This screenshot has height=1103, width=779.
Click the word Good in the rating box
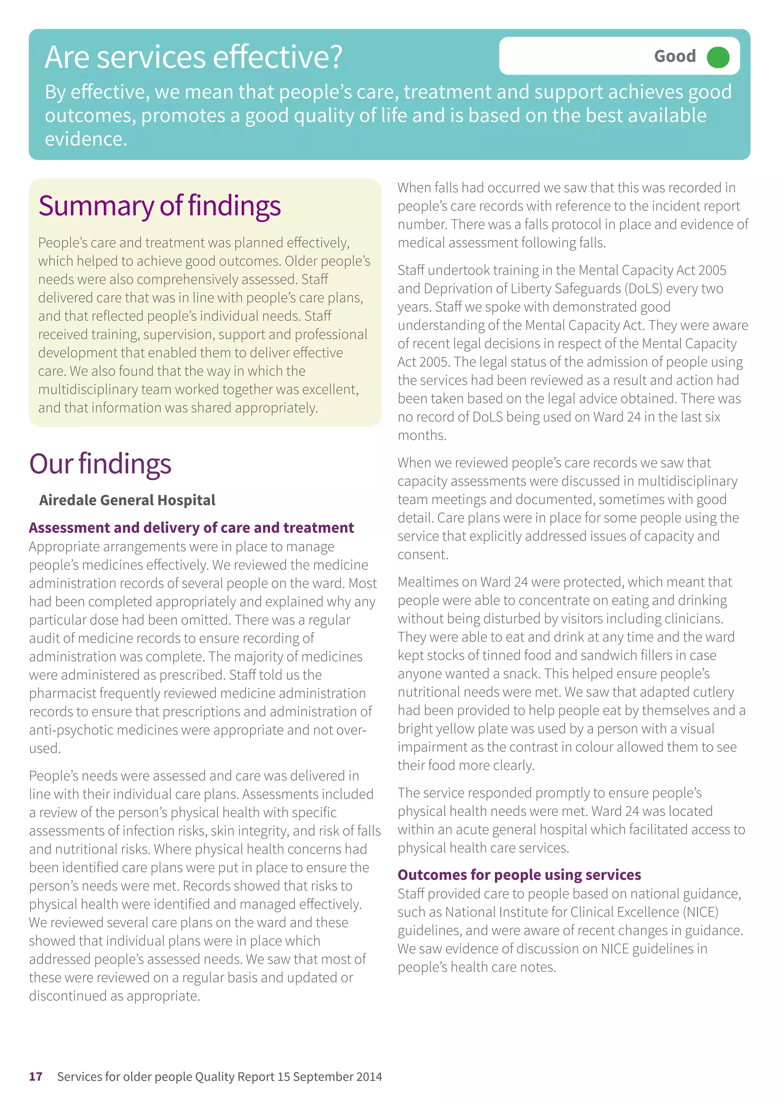[674, 57]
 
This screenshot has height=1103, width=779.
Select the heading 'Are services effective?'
[194, 57]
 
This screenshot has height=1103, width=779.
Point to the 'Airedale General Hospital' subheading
[127, 500]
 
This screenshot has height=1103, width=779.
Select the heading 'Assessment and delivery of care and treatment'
[191, 528]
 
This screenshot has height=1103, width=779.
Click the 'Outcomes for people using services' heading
[519, 875]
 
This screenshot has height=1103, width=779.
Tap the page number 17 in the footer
[35, 1077]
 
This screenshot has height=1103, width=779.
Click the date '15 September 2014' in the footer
[329, 1077]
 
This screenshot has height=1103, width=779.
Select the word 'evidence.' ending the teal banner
[86, 139]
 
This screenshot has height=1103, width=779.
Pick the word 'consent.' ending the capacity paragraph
[422, 555]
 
